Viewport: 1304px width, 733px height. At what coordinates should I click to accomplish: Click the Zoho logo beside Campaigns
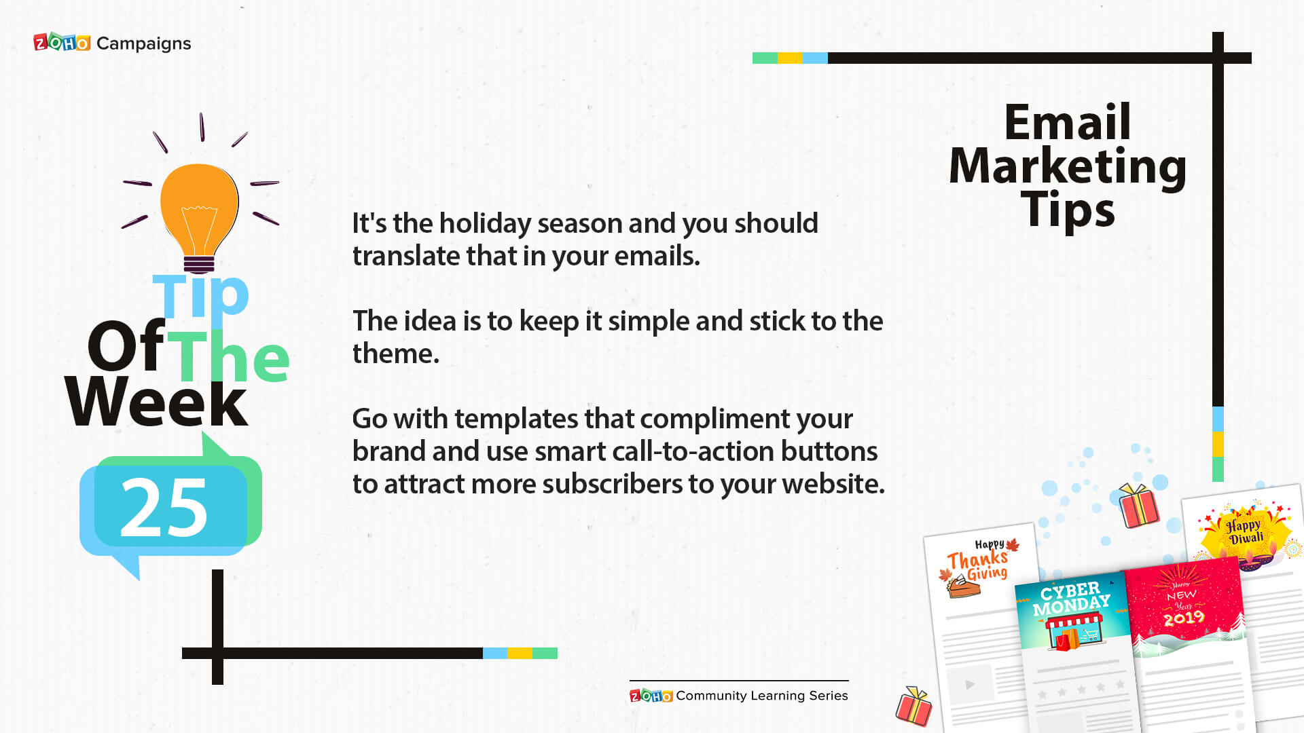click(x=62, y=43)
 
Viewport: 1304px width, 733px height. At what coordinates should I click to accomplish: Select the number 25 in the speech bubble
click(x=164, y=507)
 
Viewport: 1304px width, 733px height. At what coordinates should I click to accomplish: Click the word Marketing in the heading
click(x=1068, y=167)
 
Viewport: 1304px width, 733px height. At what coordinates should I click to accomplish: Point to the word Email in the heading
click(x=1068, y=122)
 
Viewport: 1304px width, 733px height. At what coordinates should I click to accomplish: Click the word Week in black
click(x=156, y=402)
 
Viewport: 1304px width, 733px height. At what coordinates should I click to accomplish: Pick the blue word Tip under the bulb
click(x=201, y=295)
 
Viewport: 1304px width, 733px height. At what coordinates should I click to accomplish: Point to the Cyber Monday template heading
click(x=1072, y=598)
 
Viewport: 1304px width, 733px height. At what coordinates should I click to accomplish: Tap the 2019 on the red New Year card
click(x=1184, y=618)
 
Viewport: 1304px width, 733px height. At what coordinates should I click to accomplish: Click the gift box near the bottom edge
click(x=914, y=706)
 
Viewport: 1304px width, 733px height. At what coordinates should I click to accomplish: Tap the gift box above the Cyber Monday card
click(x=1139, y=505)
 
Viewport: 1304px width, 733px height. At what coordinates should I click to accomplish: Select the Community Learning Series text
click(x=762, y=696)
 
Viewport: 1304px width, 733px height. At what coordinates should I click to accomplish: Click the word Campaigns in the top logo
click(x=144, y=44)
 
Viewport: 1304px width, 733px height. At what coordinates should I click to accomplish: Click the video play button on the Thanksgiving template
click(x=970, y=684)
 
